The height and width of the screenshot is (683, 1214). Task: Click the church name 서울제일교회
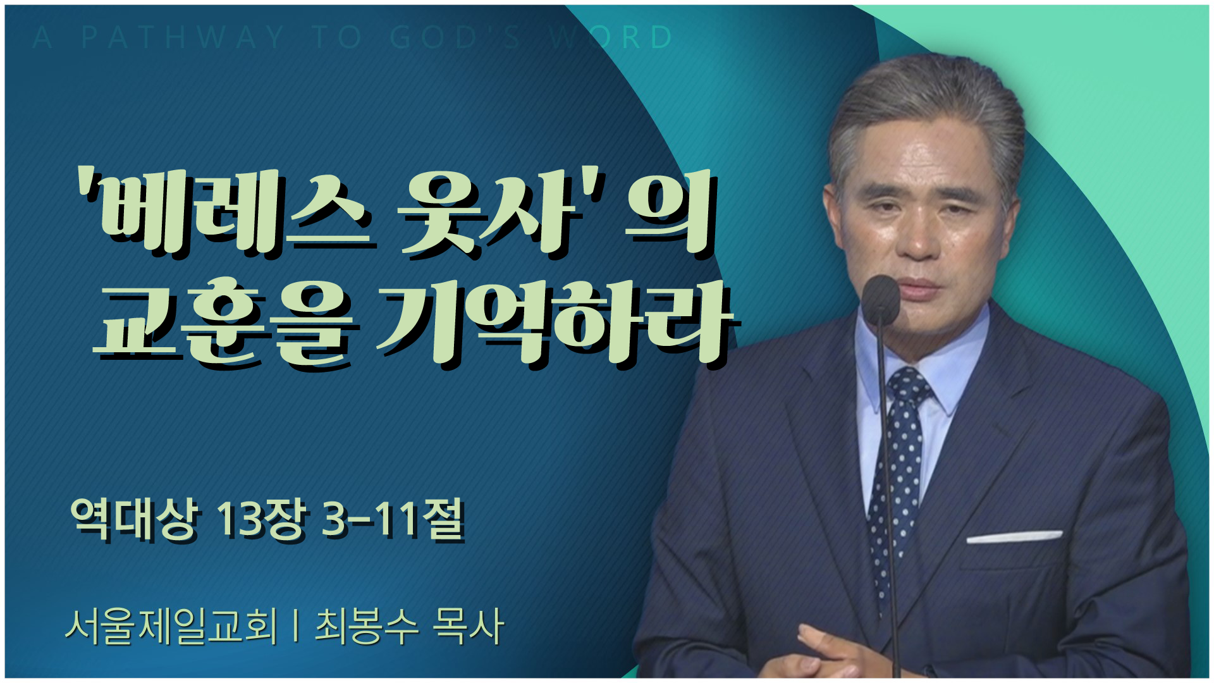point(171,626)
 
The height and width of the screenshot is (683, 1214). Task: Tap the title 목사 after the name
point(468,626)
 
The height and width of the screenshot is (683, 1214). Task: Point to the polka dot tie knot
point(908,385)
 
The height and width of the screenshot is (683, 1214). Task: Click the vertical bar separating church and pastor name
point(296,626)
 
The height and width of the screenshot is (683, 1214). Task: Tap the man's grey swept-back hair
point(929,114)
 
